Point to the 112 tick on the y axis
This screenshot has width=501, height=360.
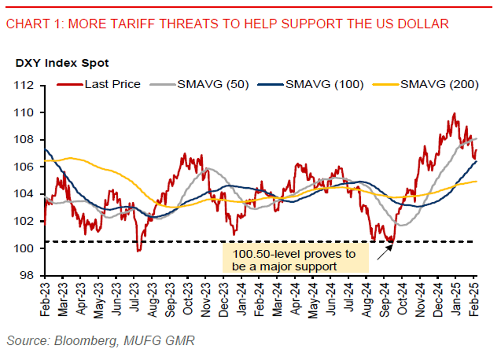coord(29,86)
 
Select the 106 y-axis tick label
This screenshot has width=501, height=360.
coord(29,167)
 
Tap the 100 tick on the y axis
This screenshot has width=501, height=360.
coord(29,248)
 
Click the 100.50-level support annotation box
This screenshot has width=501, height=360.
coord(295,260)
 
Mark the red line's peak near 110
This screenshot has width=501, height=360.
coord(454,114)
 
